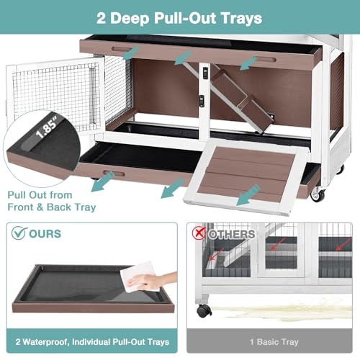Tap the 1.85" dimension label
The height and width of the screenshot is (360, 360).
click(47, 128)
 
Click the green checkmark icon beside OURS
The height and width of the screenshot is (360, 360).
click(19, 233)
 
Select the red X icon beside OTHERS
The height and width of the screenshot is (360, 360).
click(199, 233)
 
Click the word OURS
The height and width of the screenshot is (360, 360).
click(45, 234)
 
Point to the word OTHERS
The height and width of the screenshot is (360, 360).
click(231, 234)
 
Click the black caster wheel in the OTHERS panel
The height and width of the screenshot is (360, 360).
click(204, 310)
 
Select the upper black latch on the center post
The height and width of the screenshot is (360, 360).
click(205, 73)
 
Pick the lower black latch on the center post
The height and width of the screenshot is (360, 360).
click(202, 101)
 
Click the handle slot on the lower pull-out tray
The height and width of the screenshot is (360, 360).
click(114, 174)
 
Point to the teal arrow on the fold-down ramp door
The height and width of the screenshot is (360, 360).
click(248, 195)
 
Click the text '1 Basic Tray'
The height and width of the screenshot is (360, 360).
click(274, 342)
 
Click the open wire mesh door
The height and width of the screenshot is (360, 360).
click(55, 96)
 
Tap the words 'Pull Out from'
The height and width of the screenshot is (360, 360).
click(40, 195)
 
